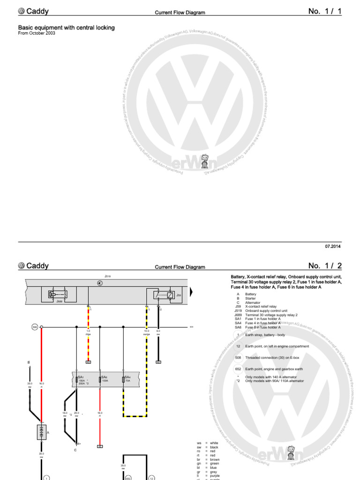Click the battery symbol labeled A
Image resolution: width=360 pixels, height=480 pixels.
click(x=42, y=432)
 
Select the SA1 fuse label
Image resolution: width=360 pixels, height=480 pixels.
click(x=81, y=376)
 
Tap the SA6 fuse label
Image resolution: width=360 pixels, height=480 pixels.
click(x=104, y=376)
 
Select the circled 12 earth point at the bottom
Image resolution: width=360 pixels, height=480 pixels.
click(x=152, y=478)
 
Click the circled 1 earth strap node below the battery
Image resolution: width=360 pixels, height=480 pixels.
click(x=46, y=478)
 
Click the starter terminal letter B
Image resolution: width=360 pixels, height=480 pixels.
click(x=29, y=362)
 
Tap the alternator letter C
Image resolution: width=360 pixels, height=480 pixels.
click(x=75, y=450)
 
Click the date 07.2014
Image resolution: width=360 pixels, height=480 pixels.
click(x=333, y=246)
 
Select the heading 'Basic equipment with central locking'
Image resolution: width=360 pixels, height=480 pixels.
click(x=66, y=28)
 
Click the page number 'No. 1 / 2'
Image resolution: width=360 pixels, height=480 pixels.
click(x=325, y=266)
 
